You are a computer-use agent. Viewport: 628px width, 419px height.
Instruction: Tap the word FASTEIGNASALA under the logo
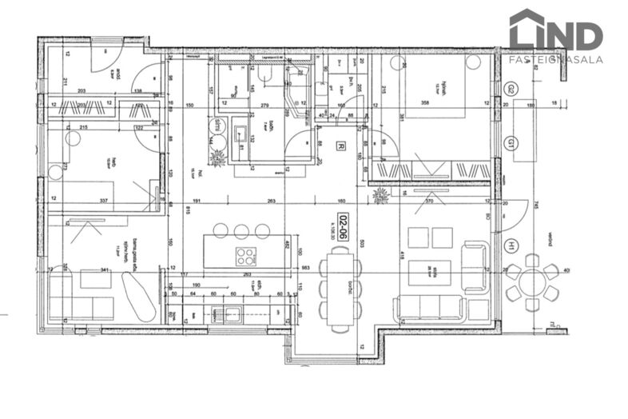point(556,58)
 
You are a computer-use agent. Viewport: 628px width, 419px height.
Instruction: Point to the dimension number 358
point(436,103)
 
